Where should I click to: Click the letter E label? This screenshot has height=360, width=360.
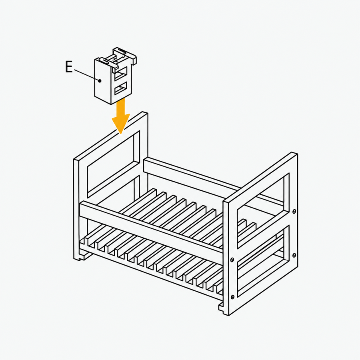69,67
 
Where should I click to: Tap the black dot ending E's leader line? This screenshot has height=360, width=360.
100,80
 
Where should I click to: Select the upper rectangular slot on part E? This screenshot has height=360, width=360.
120,73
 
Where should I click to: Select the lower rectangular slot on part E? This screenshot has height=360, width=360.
120,88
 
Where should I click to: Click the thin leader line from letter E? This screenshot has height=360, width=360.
86,75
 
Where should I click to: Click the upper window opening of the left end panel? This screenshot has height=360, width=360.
111,165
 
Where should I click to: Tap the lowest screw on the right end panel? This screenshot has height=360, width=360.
232,297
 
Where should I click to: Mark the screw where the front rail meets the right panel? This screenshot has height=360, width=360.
232,260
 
